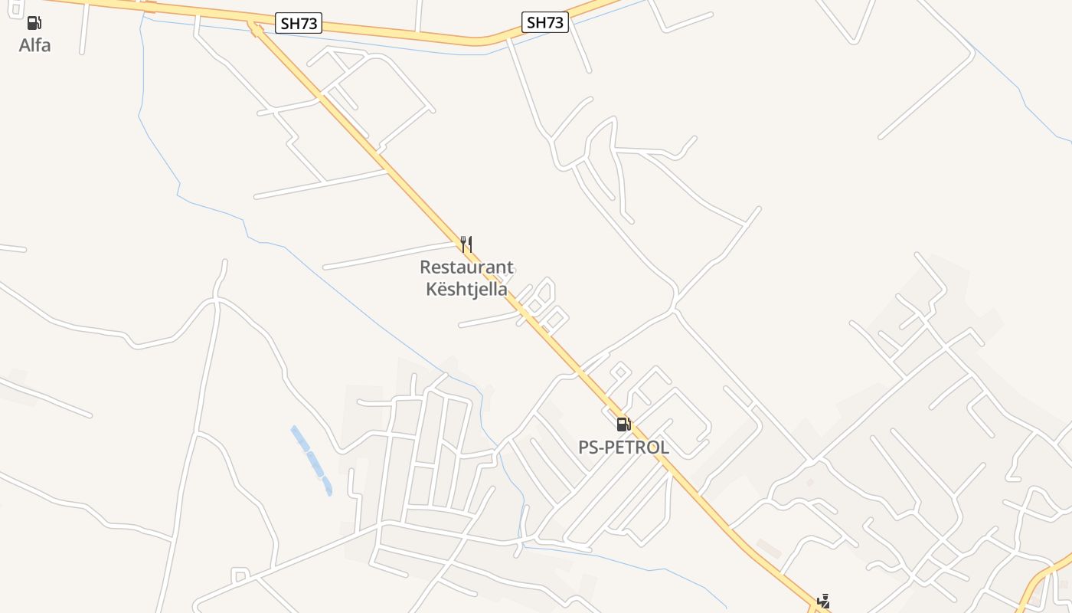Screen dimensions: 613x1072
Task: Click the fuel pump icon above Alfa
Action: [x=34, y=23]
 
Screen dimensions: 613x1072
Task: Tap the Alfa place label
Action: [x=35, y=45]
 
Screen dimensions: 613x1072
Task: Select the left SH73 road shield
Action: [x=299, y=24]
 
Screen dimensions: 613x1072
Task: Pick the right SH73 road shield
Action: [x=545, y=23]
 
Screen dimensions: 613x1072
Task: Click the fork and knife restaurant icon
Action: [x=466, y=244]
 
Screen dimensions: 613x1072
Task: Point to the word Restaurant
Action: [x=466, y=267]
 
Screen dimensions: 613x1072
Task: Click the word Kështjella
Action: [x=466, y=290]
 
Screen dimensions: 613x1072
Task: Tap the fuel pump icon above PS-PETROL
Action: [x=624, y=424]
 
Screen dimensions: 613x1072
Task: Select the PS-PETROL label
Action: [x=623, y=447]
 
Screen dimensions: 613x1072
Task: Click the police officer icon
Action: [x=824, y=602]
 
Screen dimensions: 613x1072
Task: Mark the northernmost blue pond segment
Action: [x=299, y=437]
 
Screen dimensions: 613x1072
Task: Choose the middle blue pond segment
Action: [x=314, y=463]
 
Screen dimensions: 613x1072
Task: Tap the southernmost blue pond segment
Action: [x=328, y=486]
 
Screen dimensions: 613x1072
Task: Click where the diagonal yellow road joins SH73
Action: [x=253, y=25]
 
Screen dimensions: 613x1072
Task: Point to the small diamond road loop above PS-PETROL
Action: [x=620, y=372]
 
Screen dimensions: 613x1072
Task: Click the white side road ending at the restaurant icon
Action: [x=391, y=256]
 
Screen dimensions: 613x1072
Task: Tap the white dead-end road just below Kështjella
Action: [x=486, y=320]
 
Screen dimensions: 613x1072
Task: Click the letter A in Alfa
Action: [x=25, y=45]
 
